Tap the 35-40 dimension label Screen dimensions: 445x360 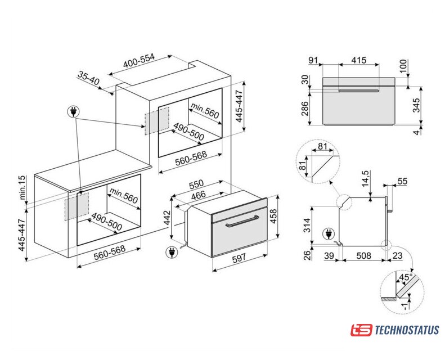88,78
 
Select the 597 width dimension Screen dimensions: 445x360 240,259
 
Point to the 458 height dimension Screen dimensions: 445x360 273,216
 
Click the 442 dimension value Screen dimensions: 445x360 168,218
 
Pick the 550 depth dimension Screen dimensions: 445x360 196,184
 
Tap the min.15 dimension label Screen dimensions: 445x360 22,187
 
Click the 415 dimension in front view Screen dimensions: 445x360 359,60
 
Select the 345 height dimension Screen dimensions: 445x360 416,105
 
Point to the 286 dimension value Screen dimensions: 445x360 304,109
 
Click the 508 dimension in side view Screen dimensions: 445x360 363,255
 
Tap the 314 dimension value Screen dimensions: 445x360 307,225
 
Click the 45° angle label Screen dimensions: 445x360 406,277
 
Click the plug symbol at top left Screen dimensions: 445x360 73,112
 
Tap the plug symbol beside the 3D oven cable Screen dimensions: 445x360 172,252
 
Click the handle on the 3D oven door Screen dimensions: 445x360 242,221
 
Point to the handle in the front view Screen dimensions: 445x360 359,91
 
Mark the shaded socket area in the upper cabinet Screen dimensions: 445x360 157,121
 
